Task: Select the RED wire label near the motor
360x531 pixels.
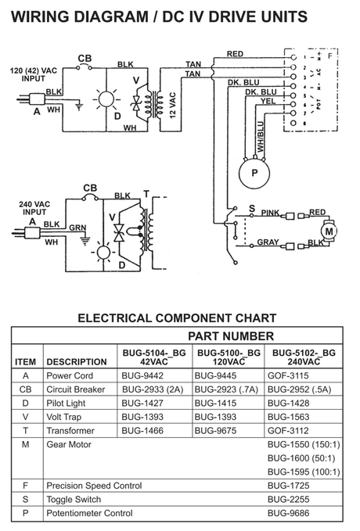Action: (317, 212)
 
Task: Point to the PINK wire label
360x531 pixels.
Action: (270, 212)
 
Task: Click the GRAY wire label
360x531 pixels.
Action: (268, 242)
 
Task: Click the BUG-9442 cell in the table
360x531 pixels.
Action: (141, 375)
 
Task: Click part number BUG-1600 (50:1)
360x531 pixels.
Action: (303, 458)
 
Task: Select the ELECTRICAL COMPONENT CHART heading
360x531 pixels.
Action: (177, 318)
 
